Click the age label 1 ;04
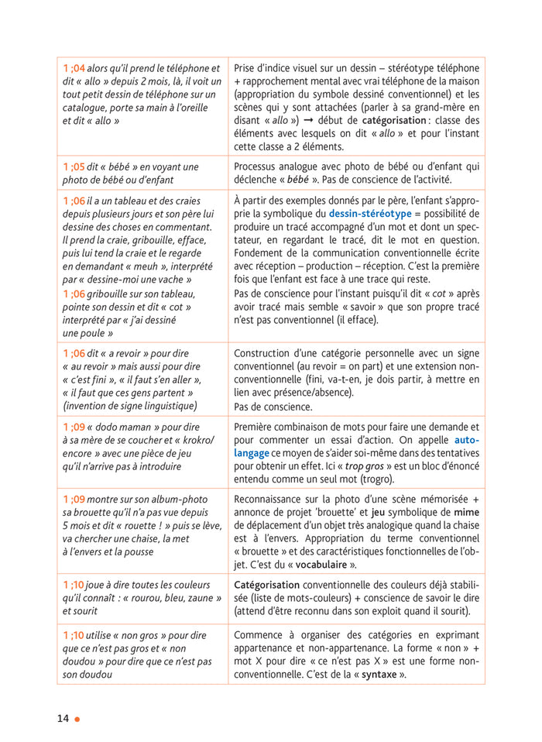pyautogui.click(x=74, y=68)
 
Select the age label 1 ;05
pyautogui.click(x=74, y=167)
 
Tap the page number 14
pyautogui.click(x=63, y=718)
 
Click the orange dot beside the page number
pyautogui.click(x=77, y=719)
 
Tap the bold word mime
pyautogui.click(x=468, y=513)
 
